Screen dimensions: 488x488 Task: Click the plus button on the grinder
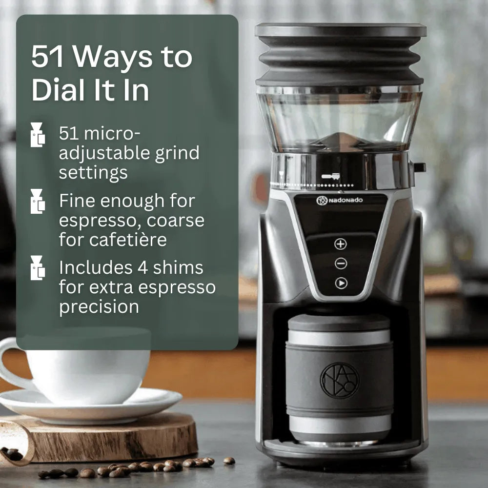click(x=341, y=244)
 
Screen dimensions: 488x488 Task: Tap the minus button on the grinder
click(x=341, y=264)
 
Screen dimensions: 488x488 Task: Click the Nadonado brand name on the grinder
click(x=346, y=200)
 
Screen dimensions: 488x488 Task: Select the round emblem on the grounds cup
click(x=340, y=380)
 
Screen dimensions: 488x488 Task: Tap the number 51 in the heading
click(x=48, y=57)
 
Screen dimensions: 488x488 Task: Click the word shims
click(x=179, y=267)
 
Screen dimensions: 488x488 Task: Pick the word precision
click(x=99, y=306)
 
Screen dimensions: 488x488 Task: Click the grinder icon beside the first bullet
click(x=37, y=135)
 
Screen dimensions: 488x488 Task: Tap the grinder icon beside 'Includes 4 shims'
click(x=37, y=267)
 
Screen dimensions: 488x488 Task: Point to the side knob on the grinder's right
click(x=419, y=167)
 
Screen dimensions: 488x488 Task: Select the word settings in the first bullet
click(x=93, y=172)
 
